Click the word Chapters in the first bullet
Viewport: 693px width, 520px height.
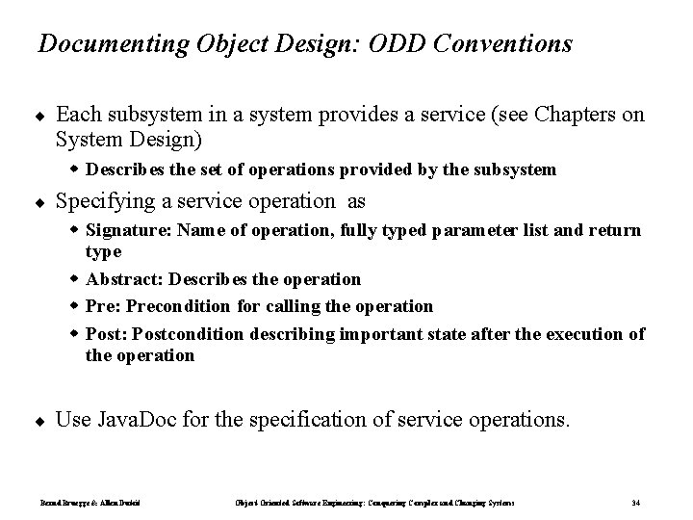point(579,115)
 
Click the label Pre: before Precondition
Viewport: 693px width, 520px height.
point(102,306)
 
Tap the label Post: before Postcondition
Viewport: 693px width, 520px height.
point(106,333)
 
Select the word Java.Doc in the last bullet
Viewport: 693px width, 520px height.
point(131,420)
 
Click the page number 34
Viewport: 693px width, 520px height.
point(636,503)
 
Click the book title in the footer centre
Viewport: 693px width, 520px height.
point(374,503)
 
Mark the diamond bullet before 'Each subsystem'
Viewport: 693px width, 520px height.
point(40,116)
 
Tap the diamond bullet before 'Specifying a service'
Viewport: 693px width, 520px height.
point(40,203)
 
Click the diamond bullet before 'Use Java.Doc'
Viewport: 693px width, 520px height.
point(40,421)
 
